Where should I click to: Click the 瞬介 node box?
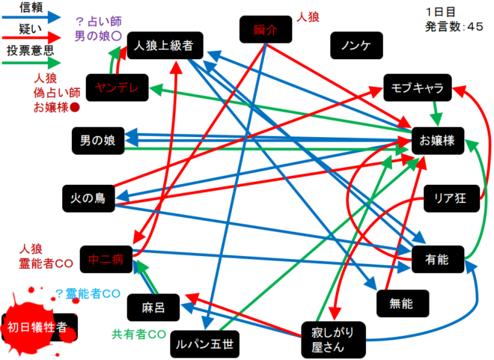coord(265,31)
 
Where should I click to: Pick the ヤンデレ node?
coord(112,88)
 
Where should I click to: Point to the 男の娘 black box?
coord(98,139)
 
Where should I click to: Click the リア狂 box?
coord(449,198)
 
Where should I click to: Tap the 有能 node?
coord(437,259)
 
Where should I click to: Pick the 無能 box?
coord(400,303)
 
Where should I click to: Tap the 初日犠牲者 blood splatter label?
coord(37,326)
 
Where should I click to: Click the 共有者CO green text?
coord(138,332)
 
